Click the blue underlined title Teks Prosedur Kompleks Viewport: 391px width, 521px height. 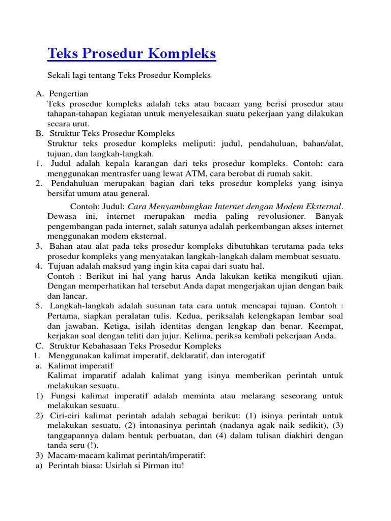pyautogui.click(x=132, y=53)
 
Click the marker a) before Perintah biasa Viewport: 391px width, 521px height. pyautogui.click(x=39, y=466)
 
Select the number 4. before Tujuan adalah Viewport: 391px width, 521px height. pyautogui.click(x=39, y=266)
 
